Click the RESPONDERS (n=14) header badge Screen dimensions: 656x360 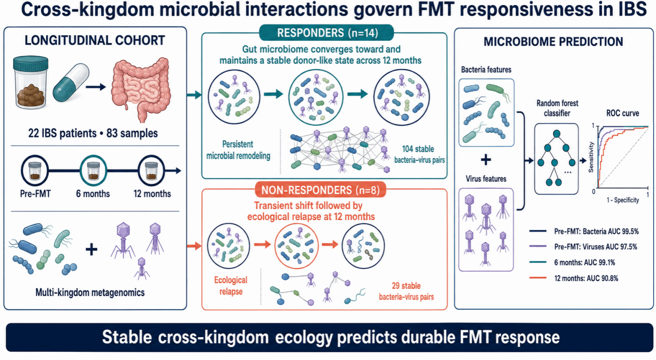[327, 33]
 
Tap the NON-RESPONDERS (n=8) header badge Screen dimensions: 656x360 [320, 190]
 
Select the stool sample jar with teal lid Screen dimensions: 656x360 [31, 82]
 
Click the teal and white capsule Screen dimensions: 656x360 [71, 83]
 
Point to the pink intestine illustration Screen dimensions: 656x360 [141, 90]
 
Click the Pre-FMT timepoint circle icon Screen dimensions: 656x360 [35, 170]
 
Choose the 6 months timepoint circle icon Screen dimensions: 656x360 [94, 170]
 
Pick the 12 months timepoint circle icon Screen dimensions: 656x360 [151, 170]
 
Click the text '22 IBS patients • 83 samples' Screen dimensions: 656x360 [93, 133]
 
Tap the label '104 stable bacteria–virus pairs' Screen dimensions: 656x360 [419, 154]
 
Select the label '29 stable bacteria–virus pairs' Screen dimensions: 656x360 [406, 291]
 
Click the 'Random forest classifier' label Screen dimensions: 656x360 [557, 108]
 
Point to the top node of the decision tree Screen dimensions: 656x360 [557, 134]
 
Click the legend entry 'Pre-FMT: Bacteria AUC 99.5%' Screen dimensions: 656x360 [584, 232]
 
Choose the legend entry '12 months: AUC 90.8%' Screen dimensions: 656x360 [574, 278]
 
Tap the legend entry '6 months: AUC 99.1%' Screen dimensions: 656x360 [572, 262]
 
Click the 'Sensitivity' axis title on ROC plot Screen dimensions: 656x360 [591, 157]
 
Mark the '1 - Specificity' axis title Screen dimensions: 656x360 [623, 200]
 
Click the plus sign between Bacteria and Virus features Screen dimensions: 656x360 [486, 160]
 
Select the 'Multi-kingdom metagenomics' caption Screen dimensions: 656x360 [90, 292]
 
